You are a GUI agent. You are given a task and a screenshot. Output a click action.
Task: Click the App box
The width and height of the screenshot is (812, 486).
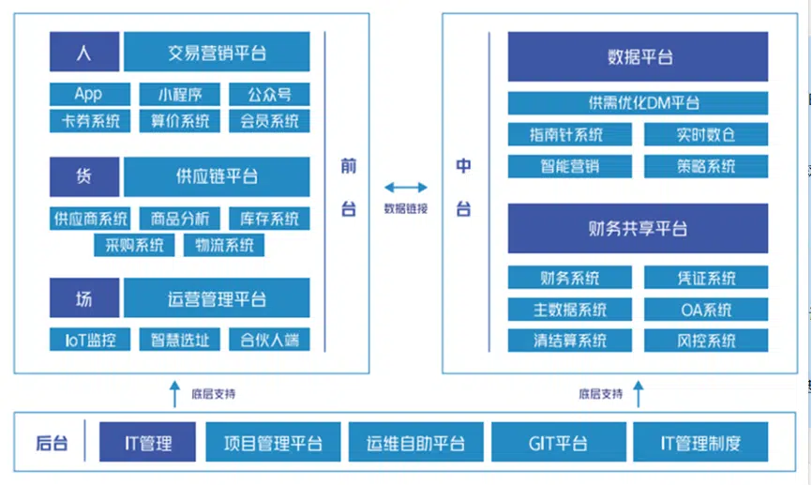click(x=90, y=95)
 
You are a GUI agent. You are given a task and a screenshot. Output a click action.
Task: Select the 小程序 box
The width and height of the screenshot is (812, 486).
click(x=180, y=95)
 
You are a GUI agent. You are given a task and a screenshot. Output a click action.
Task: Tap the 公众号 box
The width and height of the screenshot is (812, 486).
click(x=269, y=95)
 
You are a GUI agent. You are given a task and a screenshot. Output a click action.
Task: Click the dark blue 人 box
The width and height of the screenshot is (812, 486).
click(x=84, y=52)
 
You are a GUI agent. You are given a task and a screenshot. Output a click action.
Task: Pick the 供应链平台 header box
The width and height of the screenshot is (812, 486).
click(x=217, y=176)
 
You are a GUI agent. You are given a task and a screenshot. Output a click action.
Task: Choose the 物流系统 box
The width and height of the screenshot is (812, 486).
click(x=224, y=245)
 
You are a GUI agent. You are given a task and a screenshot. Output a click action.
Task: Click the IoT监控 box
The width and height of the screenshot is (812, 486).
click(x=90, y=340)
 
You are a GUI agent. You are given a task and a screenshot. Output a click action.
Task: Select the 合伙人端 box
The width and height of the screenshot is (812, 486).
click(x=269, y=340)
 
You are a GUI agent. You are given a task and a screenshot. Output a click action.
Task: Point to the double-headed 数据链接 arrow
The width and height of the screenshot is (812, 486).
click(x=405, y=188)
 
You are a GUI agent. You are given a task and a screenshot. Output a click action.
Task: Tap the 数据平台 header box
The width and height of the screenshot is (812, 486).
click(x=638, y=56)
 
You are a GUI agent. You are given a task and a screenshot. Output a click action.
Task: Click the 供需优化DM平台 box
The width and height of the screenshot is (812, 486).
click(x=638, y=103)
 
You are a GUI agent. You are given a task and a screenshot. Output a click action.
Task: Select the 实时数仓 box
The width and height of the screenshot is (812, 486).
click(x=706, y=135)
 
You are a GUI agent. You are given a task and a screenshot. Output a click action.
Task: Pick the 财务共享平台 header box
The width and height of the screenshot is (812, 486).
click(x=638, y=229)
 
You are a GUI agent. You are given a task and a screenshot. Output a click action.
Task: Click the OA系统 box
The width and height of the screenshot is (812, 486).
click(x=706, y=310)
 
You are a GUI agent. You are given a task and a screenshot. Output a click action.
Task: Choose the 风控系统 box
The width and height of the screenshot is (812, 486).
click(x=706, y=341)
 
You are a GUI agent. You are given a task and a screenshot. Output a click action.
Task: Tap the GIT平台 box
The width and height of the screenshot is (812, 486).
click(x=558, y=442)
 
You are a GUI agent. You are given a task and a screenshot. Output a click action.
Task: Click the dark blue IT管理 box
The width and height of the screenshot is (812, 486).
click(x=147, y=442)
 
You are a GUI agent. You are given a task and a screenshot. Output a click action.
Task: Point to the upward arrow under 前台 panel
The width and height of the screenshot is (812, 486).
click(x=174, y=394)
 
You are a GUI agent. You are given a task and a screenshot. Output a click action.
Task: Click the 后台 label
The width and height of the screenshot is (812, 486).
click(x=52, y=443)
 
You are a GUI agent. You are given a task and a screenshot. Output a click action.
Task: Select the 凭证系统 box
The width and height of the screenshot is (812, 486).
click(x=706, y=278)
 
